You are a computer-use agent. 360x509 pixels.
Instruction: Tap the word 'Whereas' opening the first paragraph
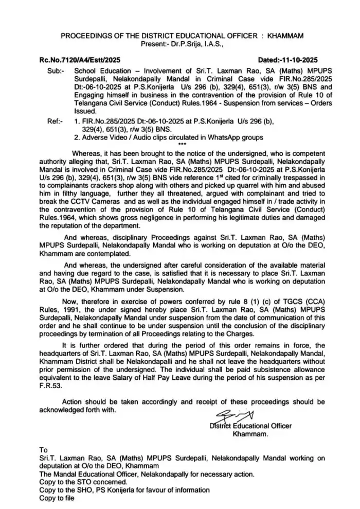tap(87, 153)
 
